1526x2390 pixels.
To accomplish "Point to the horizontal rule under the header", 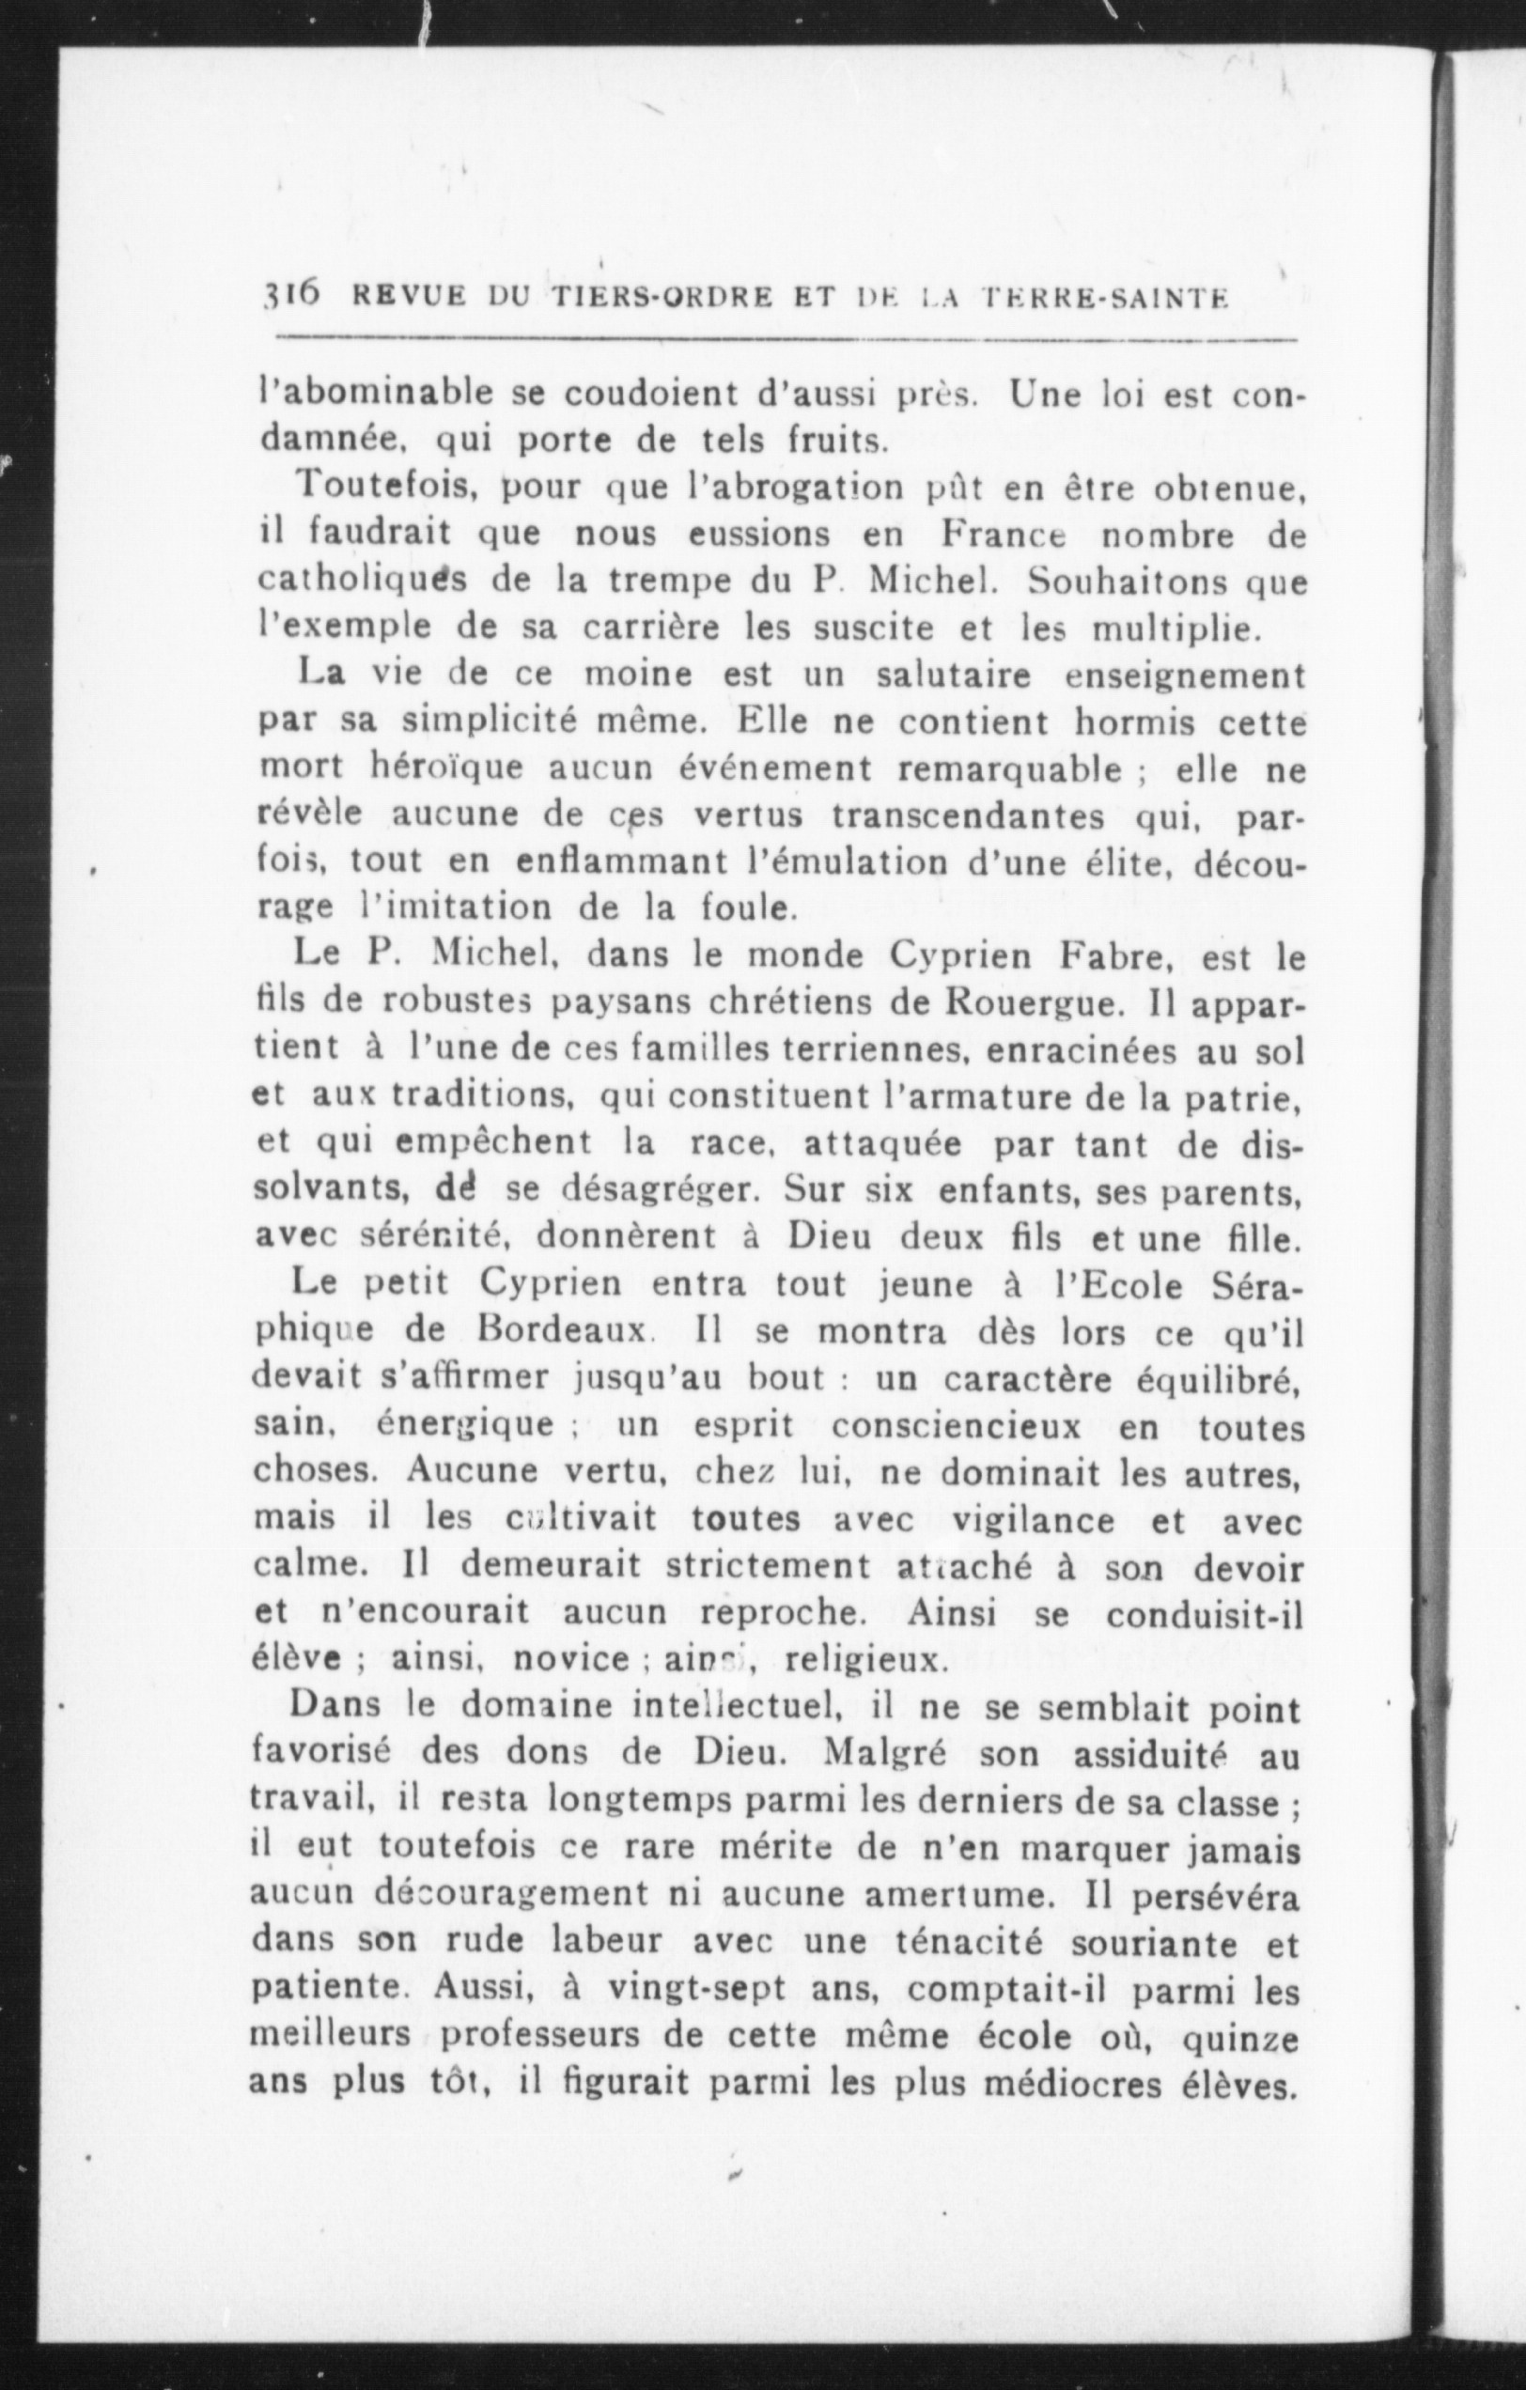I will [785, 339].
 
